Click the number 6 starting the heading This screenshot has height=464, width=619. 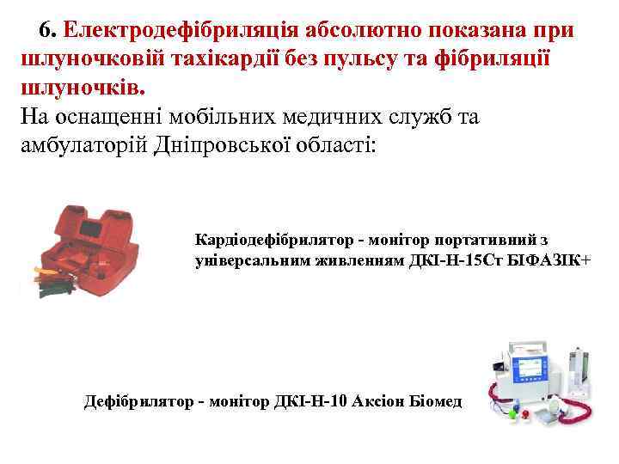(x=46, y=30)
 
